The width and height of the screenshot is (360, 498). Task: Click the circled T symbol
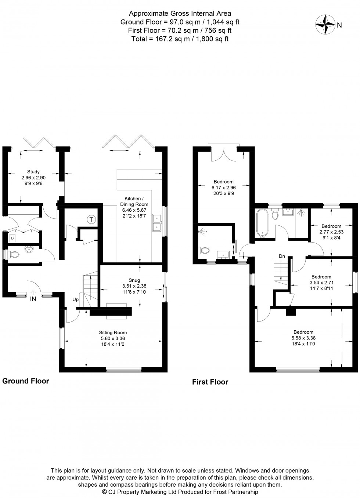91,220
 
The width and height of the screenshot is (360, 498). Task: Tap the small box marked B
12,238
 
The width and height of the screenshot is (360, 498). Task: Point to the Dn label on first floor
282,256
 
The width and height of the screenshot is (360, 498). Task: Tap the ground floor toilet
14,254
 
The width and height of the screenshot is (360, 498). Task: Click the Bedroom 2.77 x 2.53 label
331,232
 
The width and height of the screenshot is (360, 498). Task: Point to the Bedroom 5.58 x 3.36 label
303,338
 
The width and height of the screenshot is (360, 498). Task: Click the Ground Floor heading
26,381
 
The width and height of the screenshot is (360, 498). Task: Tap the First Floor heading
210,382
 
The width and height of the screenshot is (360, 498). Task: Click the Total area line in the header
180,39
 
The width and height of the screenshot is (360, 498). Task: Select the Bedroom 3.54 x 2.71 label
321,282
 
